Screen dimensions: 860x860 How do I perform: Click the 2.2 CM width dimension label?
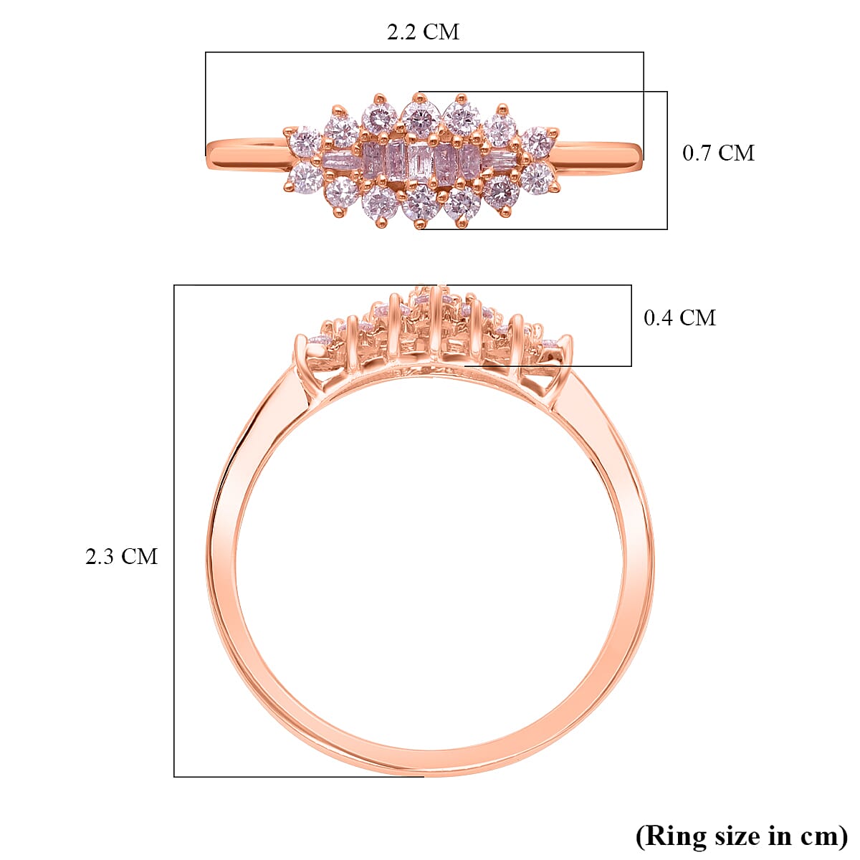(423, 32)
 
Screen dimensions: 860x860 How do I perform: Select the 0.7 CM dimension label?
(718, 153)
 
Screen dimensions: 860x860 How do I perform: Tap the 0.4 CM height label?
(679, 317)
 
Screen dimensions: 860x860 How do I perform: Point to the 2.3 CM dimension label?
(121, 556)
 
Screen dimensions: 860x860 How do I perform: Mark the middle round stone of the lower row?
(421, 204)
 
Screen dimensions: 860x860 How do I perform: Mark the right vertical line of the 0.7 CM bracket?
(667, 160)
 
